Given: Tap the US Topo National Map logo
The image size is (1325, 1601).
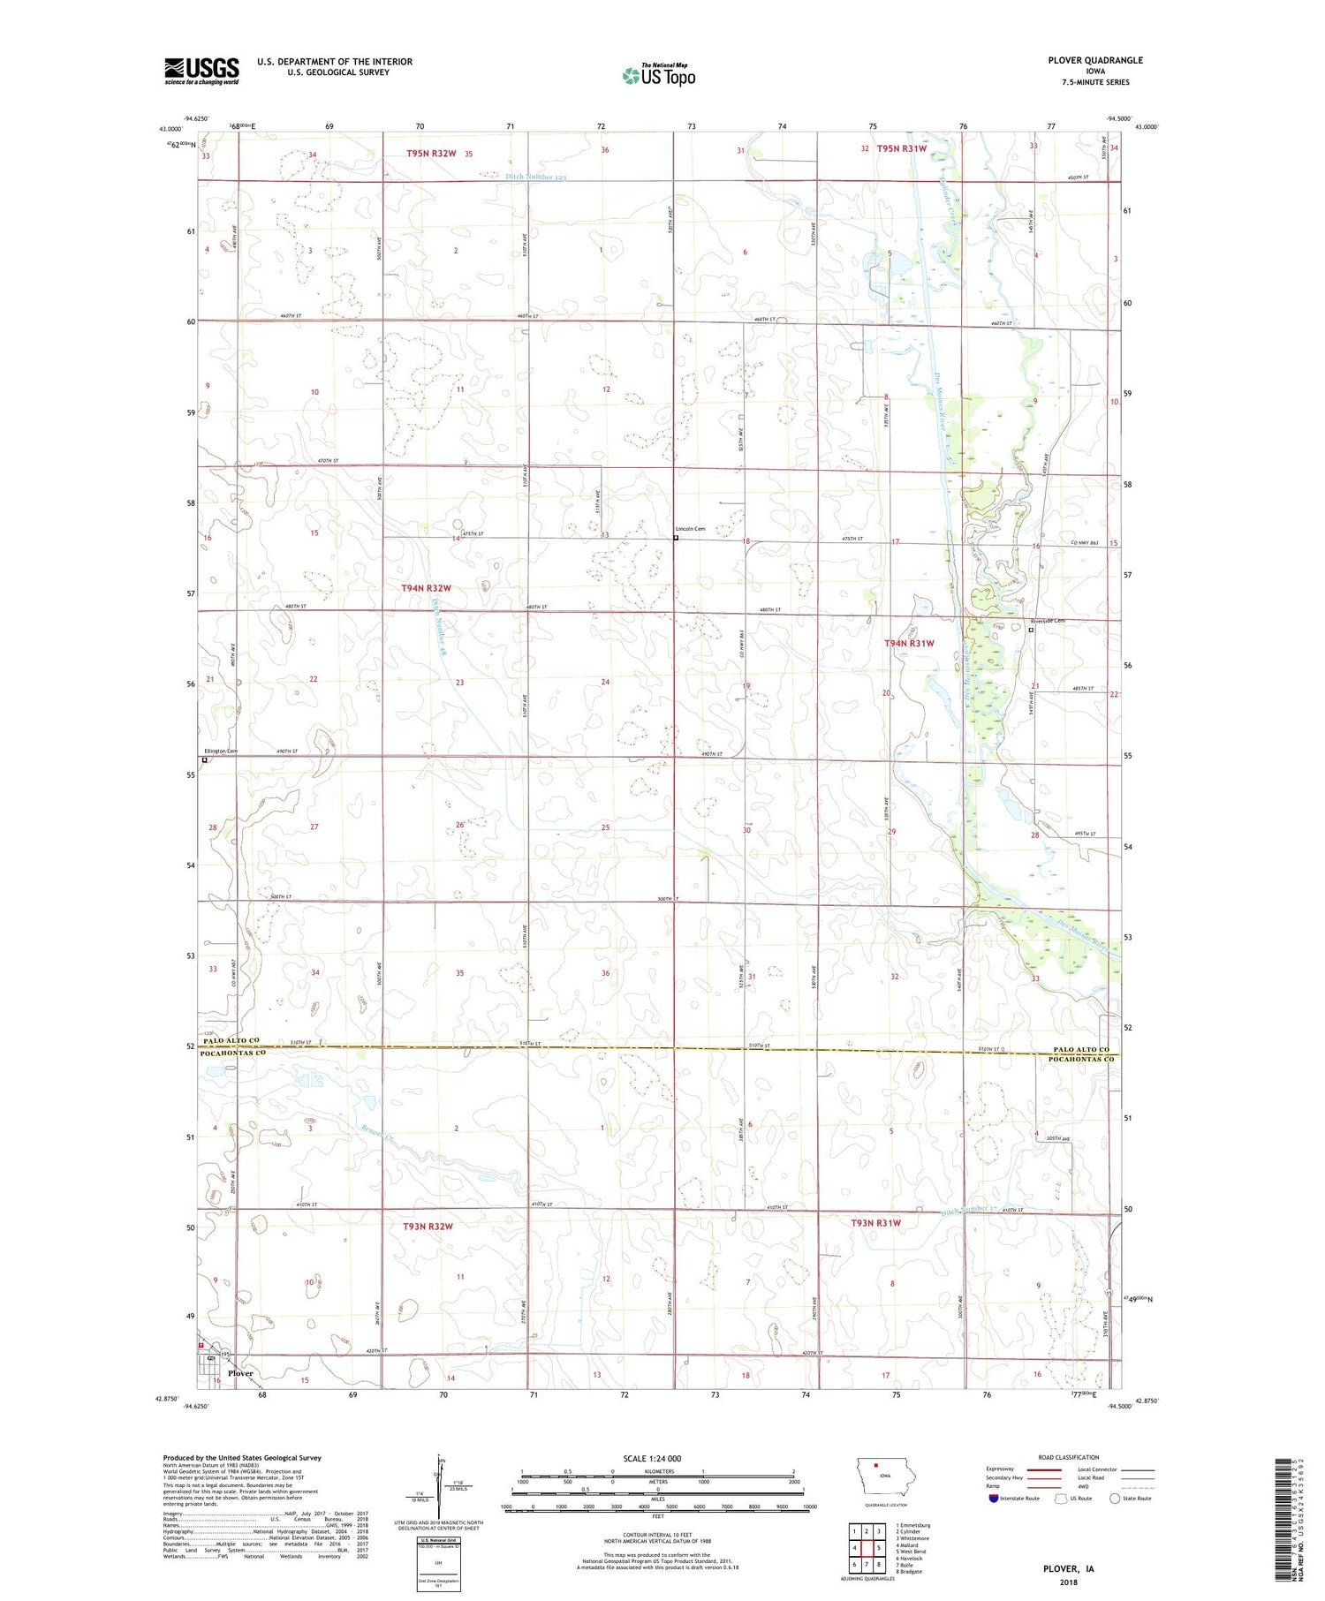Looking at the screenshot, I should (x=658, y=75).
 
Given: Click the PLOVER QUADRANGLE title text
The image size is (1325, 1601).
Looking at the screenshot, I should (x=1095, y=60).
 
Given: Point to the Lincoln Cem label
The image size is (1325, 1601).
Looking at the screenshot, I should (x=690, y=529).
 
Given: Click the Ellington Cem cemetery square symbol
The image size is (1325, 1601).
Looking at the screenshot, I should (x=205, y=759).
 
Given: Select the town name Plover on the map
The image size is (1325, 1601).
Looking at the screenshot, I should (x=240, y=1373).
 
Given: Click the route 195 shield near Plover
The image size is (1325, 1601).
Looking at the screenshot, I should (x=226, y=1355).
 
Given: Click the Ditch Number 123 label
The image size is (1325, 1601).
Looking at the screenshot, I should (x=535, y=177).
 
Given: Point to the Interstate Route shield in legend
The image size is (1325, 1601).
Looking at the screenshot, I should (x=994, y=1498).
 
